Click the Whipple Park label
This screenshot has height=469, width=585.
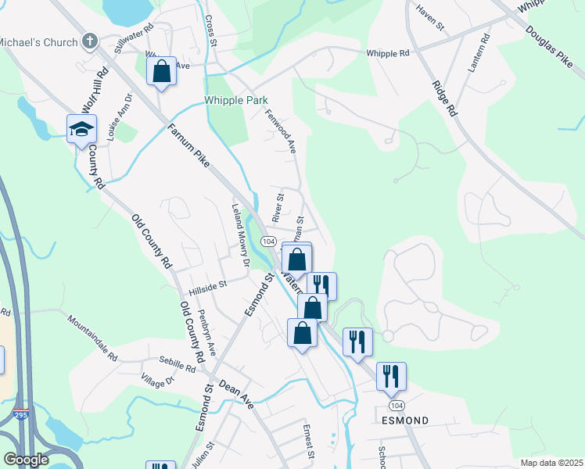click(236, 100)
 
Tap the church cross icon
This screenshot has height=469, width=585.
click(91, 40)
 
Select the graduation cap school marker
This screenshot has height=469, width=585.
click(81, 130)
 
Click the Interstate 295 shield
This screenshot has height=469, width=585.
click(21, 415)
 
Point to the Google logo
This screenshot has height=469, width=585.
click(26, 460)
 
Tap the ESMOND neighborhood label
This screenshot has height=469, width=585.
click(404, 421)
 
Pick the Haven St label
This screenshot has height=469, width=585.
click(430, 20)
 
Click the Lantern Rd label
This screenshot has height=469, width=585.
click(479, 54)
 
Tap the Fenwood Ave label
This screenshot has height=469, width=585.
click(281, 130)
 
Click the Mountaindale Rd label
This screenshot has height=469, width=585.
click(92, 338)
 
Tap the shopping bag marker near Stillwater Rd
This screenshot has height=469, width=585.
click(161, 72)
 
